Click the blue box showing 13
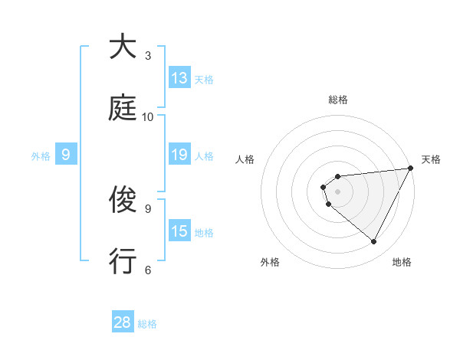click(179, 78)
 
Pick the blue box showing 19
click(179, 155)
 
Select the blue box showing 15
click(179, 231)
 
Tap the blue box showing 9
click(66, 155)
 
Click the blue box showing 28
click(123, 322)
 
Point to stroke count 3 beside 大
click(148, 55)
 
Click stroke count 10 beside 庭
click(148, 116)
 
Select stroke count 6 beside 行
click(148, 270)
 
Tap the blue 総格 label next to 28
click(147, 324)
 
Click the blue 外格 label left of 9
click(41, 155)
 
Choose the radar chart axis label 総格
click(338, 100)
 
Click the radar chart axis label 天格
click(432, 159)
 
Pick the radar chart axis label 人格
click(245, 159)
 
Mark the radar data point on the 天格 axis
click(411, 168)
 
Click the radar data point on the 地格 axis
click(374, 242)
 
